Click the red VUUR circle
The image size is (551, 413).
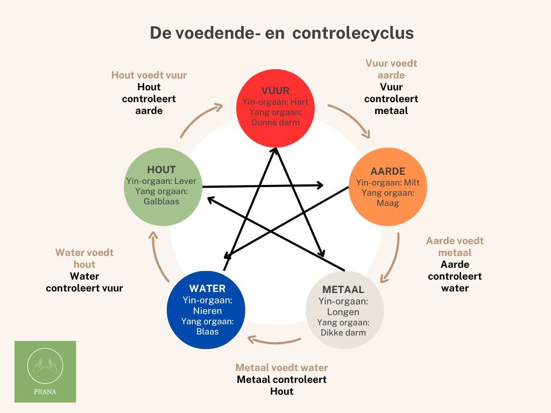click(275, 108)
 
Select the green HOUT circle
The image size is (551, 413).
click(163, 187)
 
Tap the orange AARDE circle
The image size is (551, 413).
click(387, 187)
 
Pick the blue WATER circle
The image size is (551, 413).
click(206, 310)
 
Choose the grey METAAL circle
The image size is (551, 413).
click(344, 310)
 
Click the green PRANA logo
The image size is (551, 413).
click(45, 372)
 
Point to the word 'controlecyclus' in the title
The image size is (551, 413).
click(353, 33)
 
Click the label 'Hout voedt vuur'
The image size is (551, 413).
click(149, 75)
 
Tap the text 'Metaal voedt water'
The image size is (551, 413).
click(281, 368)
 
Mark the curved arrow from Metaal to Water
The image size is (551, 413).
click(274, 341)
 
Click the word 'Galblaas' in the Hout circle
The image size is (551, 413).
click(161, 202)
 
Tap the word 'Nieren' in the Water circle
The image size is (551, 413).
click(207, 311)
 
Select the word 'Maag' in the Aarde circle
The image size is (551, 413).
click(387, 203)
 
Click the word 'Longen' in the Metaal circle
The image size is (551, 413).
click(343, 312)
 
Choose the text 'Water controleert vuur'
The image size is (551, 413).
click(84, 282)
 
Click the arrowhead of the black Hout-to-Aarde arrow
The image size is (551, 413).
click(320, 185)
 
